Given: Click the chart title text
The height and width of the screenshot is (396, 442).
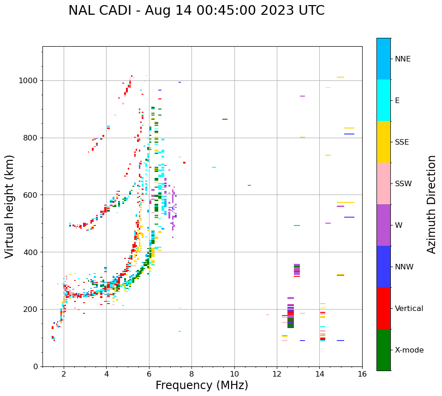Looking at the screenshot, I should [197, 11].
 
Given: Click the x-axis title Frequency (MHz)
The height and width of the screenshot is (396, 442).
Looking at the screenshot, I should [202, 385].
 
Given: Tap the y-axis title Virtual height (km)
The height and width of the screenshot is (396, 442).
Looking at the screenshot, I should [10, 207].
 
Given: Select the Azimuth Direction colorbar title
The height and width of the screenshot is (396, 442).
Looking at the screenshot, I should [431, 204].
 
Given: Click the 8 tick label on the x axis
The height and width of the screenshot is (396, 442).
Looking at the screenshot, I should [191, 373].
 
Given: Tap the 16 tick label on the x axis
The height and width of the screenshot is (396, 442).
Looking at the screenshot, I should [362, 373].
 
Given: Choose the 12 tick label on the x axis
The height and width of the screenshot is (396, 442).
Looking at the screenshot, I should [277, 373].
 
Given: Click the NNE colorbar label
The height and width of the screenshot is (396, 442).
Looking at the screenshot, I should [403, 59].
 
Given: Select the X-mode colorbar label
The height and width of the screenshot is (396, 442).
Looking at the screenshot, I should [409, 350].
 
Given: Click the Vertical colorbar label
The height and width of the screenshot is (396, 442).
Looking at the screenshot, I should [409, 309].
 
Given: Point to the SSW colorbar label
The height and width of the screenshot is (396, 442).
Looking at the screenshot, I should [403, 184].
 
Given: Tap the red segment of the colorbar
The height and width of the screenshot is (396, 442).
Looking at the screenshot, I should [383, 308].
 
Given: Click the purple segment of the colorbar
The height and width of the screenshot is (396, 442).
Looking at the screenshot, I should [383, 225].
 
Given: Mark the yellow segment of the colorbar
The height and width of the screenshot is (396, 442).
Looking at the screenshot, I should [383, 142].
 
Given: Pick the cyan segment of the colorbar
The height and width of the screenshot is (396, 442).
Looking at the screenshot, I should [383, 100].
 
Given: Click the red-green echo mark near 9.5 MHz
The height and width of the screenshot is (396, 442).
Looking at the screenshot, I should [225, 119].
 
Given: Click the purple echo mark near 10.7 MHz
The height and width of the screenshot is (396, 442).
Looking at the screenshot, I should [249, 185].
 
